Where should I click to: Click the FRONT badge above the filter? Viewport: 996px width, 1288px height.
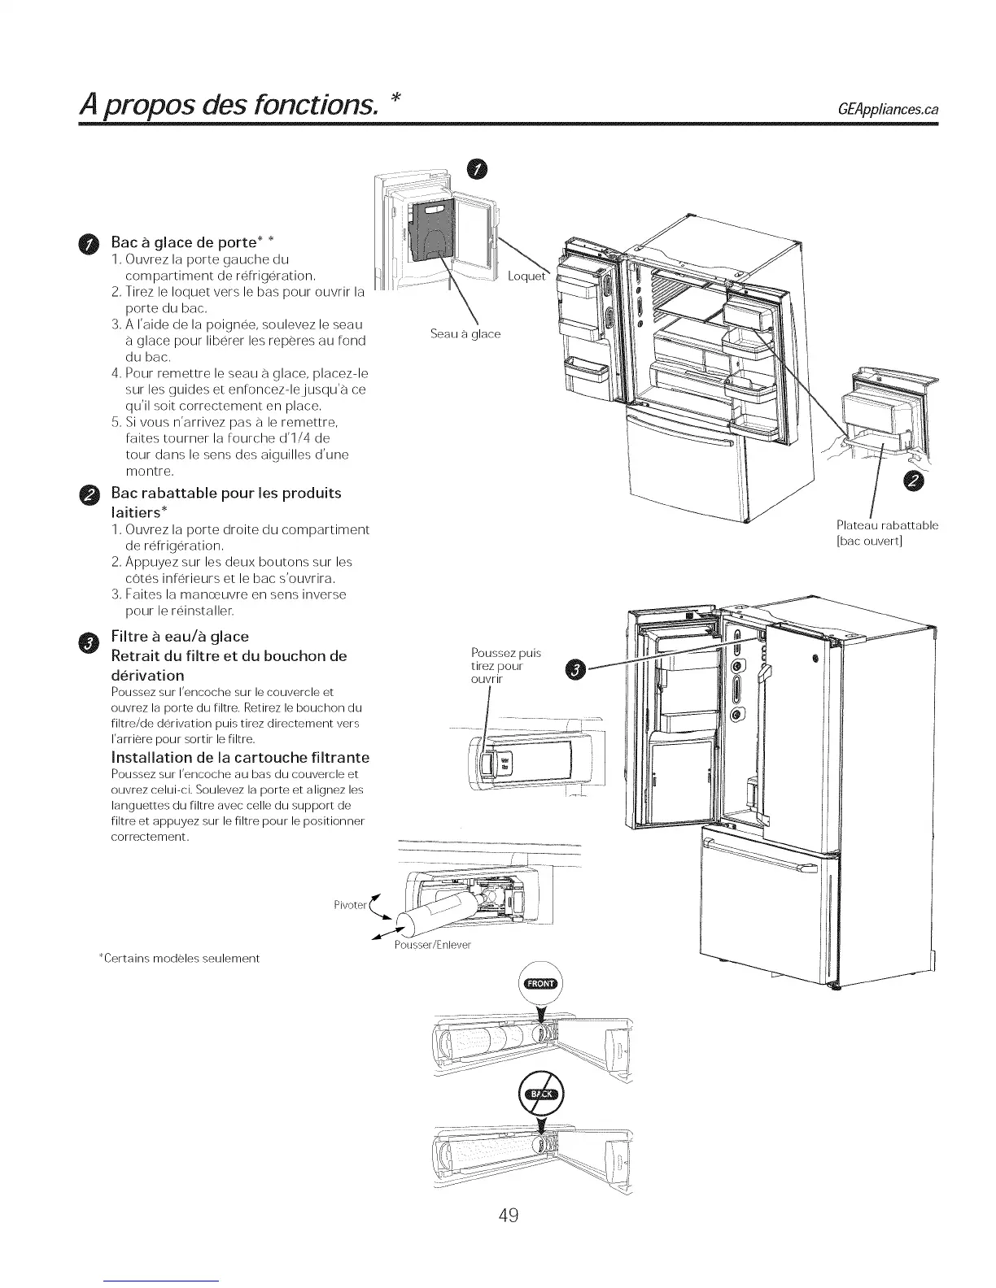(541, 983)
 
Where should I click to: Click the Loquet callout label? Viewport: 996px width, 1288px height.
(526, 276)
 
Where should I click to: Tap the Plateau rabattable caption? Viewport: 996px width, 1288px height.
(887, 533)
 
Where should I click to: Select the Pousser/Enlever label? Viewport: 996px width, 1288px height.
(431, 946)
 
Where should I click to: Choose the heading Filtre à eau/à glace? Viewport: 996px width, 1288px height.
(180, 636)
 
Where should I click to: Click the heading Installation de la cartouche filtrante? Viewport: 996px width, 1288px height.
(240, 758)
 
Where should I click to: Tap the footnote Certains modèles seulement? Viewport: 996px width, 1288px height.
(178, 959)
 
